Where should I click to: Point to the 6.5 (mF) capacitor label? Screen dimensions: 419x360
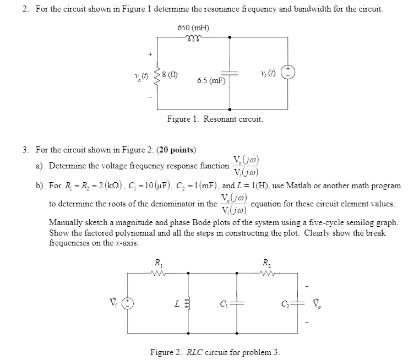point(211,80)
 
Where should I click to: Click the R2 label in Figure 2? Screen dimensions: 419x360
point(266,263)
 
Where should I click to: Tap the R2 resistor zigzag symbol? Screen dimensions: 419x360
point(266,272)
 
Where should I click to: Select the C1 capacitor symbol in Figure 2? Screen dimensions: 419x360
point(237,303)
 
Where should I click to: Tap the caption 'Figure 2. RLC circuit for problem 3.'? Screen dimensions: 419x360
point(215,352)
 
